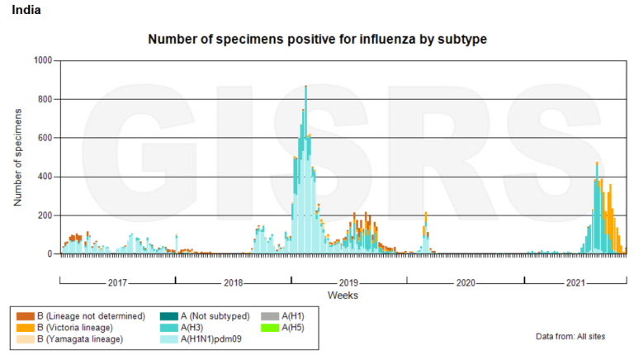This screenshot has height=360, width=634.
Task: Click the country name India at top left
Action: click(x=26, y=10)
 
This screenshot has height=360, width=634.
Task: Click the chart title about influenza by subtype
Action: click(x=317, y=39)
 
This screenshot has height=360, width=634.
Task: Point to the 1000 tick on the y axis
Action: click(x=41, y=61)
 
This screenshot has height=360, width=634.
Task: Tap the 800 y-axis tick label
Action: click(x=44, y=100)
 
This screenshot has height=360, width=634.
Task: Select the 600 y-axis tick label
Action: click(x=44, y=138)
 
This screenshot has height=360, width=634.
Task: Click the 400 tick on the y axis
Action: click(x=44, y=177)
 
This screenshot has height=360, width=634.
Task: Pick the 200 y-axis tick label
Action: click(x=44, y=216)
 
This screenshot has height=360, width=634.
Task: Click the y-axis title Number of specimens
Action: click(x=17, y=158)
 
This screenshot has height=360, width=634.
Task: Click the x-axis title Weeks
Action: click(x=343, y=295)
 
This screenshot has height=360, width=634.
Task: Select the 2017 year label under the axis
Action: click(x=117, y=282)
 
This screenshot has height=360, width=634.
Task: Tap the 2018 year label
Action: click(x=234, y=282)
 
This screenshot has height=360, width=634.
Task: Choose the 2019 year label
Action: click(x=349, y=282)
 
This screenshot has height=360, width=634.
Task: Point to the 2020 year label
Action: click(x=466, y=282)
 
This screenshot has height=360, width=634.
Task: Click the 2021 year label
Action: click(x=575, y=282)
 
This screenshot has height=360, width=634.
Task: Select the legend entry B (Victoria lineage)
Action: click(x=78, y=328)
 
